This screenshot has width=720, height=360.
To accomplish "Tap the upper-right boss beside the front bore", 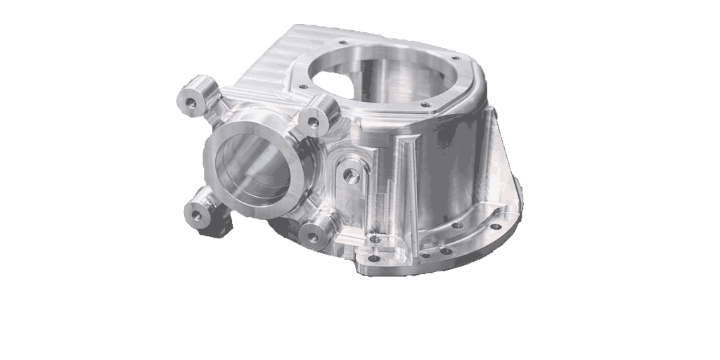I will tap(316, 117).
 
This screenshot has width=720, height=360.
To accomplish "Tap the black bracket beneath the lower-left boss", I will tap(223, 226).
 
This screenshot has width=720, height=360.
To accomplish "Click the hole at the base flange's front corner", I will tap(373, 258).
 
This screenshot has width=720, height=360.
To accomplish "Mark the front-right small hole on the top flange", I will tap(425, 105).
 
